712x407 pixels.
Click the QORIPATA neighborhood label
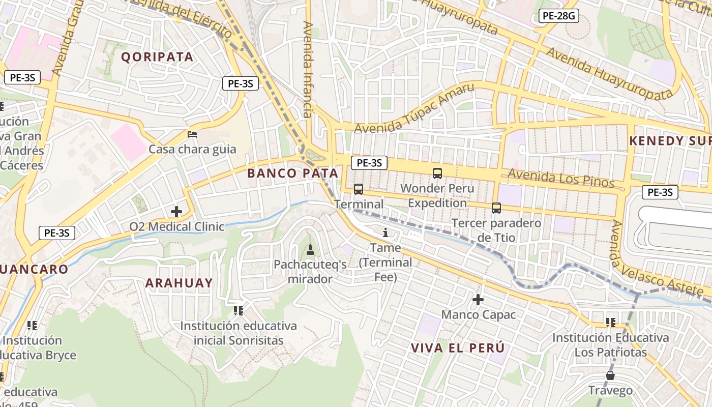click(157, 57)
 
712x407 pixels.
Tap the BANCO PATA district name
click(292, 173)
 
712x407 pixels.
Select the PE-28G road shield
click(558, 16)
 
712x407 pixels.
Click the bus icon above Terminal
click(359, 189)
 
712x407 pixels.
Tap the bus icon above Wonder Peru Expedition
click(437, 173)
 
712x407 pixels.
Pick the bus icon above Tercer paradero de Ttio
click(496, 208)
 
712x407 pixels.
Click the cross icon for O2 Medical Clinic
click(176, 211)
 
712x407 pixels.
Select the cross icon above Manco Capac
click(478, 300)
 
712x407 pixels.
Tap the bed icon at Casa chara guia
click(192, 134)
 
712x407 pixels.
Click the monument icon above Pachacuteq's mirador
click(310, 249)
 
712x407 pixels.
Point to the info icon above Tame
click(385, 233)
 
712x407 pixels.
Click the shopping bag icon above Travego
click(610, 375)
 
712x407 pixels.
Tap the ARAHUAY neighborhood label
click(179, 283)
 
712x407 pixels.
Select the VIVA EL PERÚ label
click(458, 348)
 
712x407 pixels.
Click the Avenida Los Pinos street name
click(561, 179)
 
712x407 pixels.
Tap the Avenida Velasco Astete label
click(656, 262)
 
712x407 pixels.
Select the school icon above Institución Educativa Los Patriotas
click(611, 323)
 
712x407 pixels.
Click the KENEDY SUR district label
click(670, 141)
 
